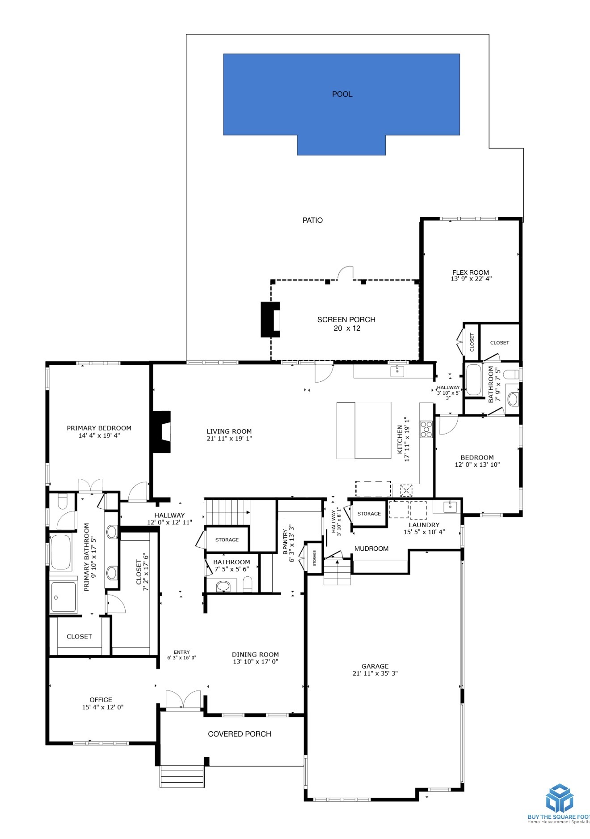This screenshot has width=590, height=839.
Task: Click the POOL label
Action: (342, 94)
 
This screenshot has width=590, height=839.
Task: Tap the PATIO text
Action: (312, 220)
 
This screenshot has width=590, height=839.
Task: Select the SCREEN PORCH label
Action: (346, 319)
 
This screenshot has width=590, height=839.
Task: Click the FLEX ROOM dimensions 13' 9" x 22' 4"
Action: (471, 279)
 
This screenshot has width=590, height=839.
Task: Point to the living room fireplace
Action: (162, 432)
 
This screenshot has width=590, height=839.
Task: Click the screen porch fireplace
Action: (270, 319)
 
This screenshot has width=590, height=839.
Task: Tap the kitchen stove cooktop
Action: (426, 429)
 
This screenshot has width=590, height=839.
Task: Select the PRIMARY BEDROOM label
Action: (99, 428)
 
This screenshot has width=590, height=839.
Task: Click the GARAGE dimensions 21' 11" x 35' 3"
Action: (375, 673)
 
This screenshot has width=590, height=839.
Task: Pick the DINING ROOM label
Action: (255, 655)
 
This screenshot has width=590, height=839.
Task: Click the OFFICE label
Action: (101, 700)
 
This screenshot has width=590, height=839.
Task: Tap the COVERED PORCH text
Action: (240, 734)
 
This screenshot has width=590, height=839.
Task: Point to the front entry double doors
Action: (183, 700)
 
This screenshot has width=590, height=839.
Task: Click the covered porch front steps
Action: (182, 776)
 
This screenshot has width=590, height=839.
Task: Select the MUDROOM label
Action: (371, 549)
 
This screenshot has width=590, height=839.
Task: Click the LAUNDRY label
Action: (424, 525)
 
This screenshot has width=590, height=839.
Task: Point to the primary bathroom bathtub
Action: (60, 551)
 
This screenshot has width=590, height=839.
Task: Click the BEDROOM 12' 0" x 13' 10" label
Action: (477, 457)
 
